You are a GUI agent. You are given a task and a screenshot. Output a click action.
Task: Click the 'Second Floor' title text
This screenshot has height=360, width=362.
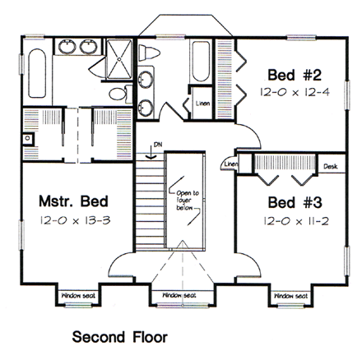tap(119, 336)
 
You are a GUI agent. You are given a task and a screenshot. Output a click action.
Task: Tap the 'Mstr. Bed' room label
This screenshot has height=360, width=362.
tap(74, 201)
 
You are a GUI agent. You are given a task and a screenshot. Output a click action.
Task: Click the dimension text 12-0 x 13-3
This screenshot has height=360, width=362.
tap(74, 220)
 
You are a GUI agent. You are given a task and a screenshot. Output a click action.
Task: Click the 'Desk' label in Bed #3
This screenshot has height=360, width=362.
tap(330, 166)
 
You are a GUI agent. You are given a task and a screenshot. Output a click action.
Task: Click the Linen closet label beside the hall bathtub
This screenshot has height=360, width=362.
tap(202, 104)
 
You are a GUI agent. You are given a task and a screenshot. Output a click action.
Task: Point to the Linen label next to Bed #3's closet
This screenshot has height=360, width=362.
tap(230, 164)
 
